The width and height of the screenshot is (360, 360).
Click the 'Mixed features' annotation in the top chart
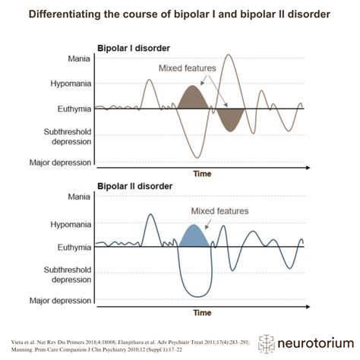(x=187, y=68)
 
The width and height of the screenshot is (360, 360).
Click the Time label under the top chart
(x=202, y=174)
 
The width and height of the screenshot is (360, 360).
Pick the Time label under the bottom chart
(x=202, y=312)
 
